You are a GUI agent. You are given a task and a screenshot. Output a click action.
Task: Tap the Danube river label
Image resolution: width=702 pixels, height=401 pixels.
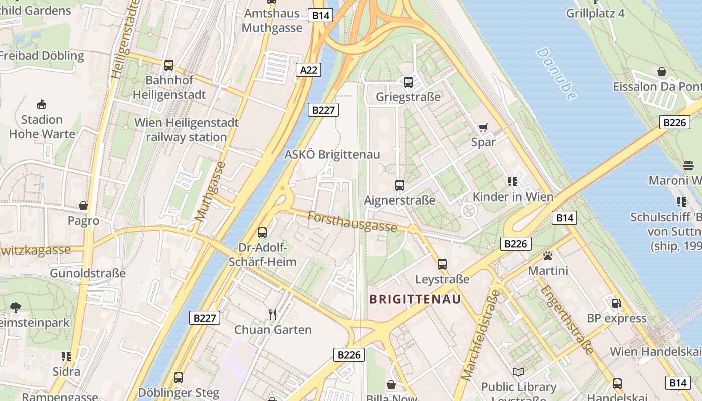pos(556,73)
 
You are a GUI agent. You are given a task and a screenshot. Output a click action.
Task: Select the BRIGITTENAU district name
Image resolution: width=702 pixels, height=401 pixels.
pos(415,299)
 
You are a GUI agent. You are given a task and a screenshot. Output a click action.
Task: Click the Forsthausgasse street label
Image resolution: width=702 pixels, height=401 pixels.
pos(352,222)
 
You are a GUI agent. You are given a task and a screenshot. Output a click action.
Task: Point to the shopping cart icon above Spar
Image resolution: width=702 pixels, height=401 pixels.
pos(483,127)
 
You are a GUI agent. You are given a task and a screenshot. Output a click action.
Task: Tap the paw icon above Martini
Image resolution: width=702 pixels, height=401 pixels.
pos(547,256)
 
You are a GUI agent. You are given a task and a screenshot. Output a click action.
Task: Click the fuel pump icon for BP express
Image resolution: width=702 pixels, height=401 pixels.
pos(616,303)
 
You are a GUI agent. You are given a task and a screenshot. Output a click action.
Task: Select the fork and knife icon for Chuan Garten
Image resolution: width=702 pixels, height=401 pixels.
pos(273,314)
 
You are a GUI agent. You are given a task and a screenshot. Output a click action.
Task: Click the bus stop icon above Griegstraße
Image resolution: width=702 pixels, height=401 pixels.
pos(408,82)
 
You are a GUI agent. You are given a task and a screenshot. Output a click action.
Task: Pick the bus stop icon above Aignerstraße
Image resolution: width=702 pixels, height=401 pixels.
pos(400,185)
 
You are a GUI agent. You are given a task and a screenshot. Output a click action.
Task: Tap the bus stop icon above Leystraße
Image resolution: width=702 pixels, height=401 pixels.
pos(442,264)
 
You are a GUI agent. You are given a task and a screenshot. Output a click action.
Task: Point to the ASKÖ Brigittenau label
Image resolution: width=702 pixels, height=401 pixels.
pos(332,154)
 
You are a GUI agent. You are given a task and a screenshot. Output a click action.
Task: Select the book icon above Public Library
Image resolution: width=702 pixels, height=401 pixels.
pos(518,372)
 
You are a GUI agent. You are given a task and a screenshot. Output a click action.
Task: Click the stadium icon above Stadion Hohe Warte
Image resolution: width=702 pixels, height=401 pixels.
pos(42,104)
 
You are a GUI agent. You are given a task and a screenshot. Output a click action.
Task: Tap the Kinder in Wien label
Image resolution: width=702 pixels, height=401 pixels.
pos(512,196)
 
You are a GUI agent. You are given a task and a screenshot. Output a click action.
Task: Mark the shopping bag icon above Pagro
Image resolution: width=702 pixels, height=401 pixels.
pos(83,206)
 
